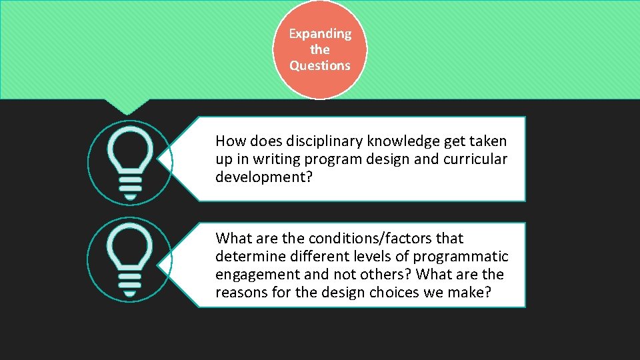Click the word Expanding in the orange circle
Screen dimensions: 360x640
320,33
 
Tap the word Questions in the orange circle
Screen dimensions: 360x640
320,65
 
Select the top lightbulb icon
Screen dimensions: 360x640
130,162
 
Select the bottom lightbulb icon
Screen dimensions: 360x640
130,260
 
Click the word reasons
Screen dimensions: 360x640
240,293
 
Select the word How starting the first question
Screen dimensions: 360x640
230,141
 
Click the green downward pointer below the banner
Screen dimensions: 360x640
127,106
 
